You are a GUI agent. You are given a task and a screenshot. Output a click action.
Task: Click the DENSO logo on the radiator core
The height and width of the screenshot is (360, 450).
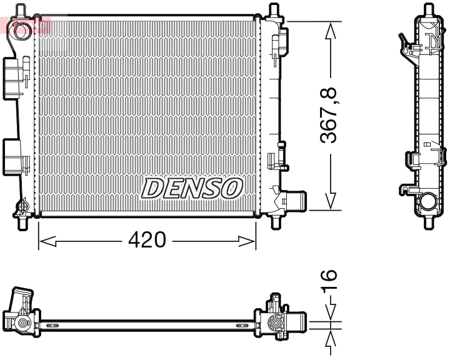point(192,187)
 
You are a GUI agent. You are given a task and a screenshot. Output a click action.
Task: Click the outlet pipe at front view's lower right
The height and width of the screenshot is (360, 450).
point(294,201)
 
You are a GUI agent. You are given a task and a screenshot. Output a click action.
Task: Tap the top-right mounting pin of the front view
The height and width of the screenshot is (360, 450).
point(273,11)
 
